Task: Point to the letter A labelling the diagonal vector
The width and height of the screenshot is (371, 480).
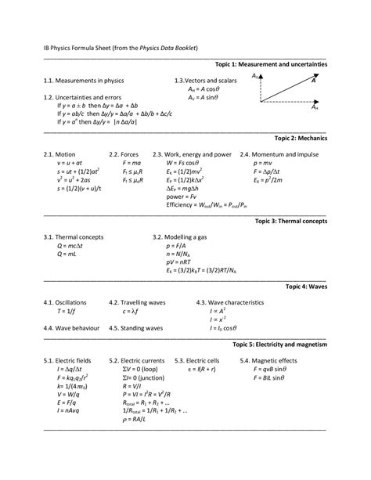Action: click(313, 80)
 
